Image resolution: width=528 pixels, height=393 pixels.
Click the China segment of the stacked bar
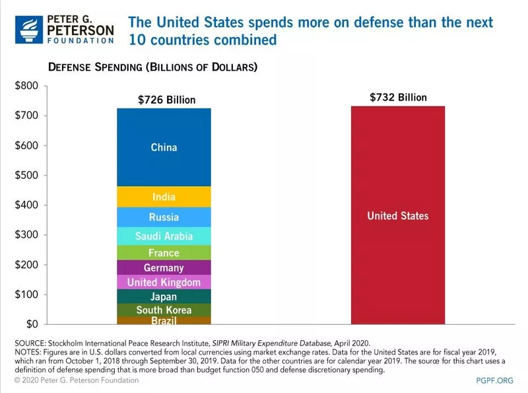coord(164,147)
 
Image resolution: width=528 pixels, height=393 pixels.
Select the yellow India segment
coord(164,197)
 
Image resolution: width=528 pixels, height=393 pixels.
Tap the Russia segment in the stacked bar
coord(164,217)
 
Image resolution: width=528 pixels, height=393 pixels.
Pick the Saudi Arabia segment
coord(164,236)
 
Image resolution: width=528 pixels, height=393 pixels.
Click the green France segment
coord(164,252)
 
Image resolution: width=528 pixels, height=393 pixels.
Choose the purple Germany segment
coord(164,268)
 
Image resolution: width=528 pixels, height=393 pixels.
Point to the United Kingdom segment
coord(164,283)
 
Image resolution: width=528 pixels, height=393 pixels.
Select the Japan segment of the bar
coord(164,297)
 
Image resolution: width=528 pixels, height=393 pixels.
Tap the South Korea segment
coord(164,310)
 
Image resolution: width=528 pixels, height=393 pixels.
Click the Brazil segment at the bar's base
coord(164,320)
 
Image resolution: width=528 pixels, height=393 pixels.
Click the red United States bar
coord(397,216)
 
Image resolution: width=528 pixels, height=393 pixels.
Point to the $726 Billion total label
coord(166,100)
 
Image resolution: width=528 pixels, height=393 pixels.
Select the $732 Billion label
coord(397,97)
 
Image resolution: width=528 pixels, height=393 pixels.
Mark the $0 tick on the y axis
coord(32,324)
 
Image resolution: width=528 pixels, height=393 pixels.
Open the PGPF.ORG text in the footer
coord(494,382)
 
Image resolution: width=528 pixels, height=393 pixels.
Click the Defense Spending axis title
coord(152,67)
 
